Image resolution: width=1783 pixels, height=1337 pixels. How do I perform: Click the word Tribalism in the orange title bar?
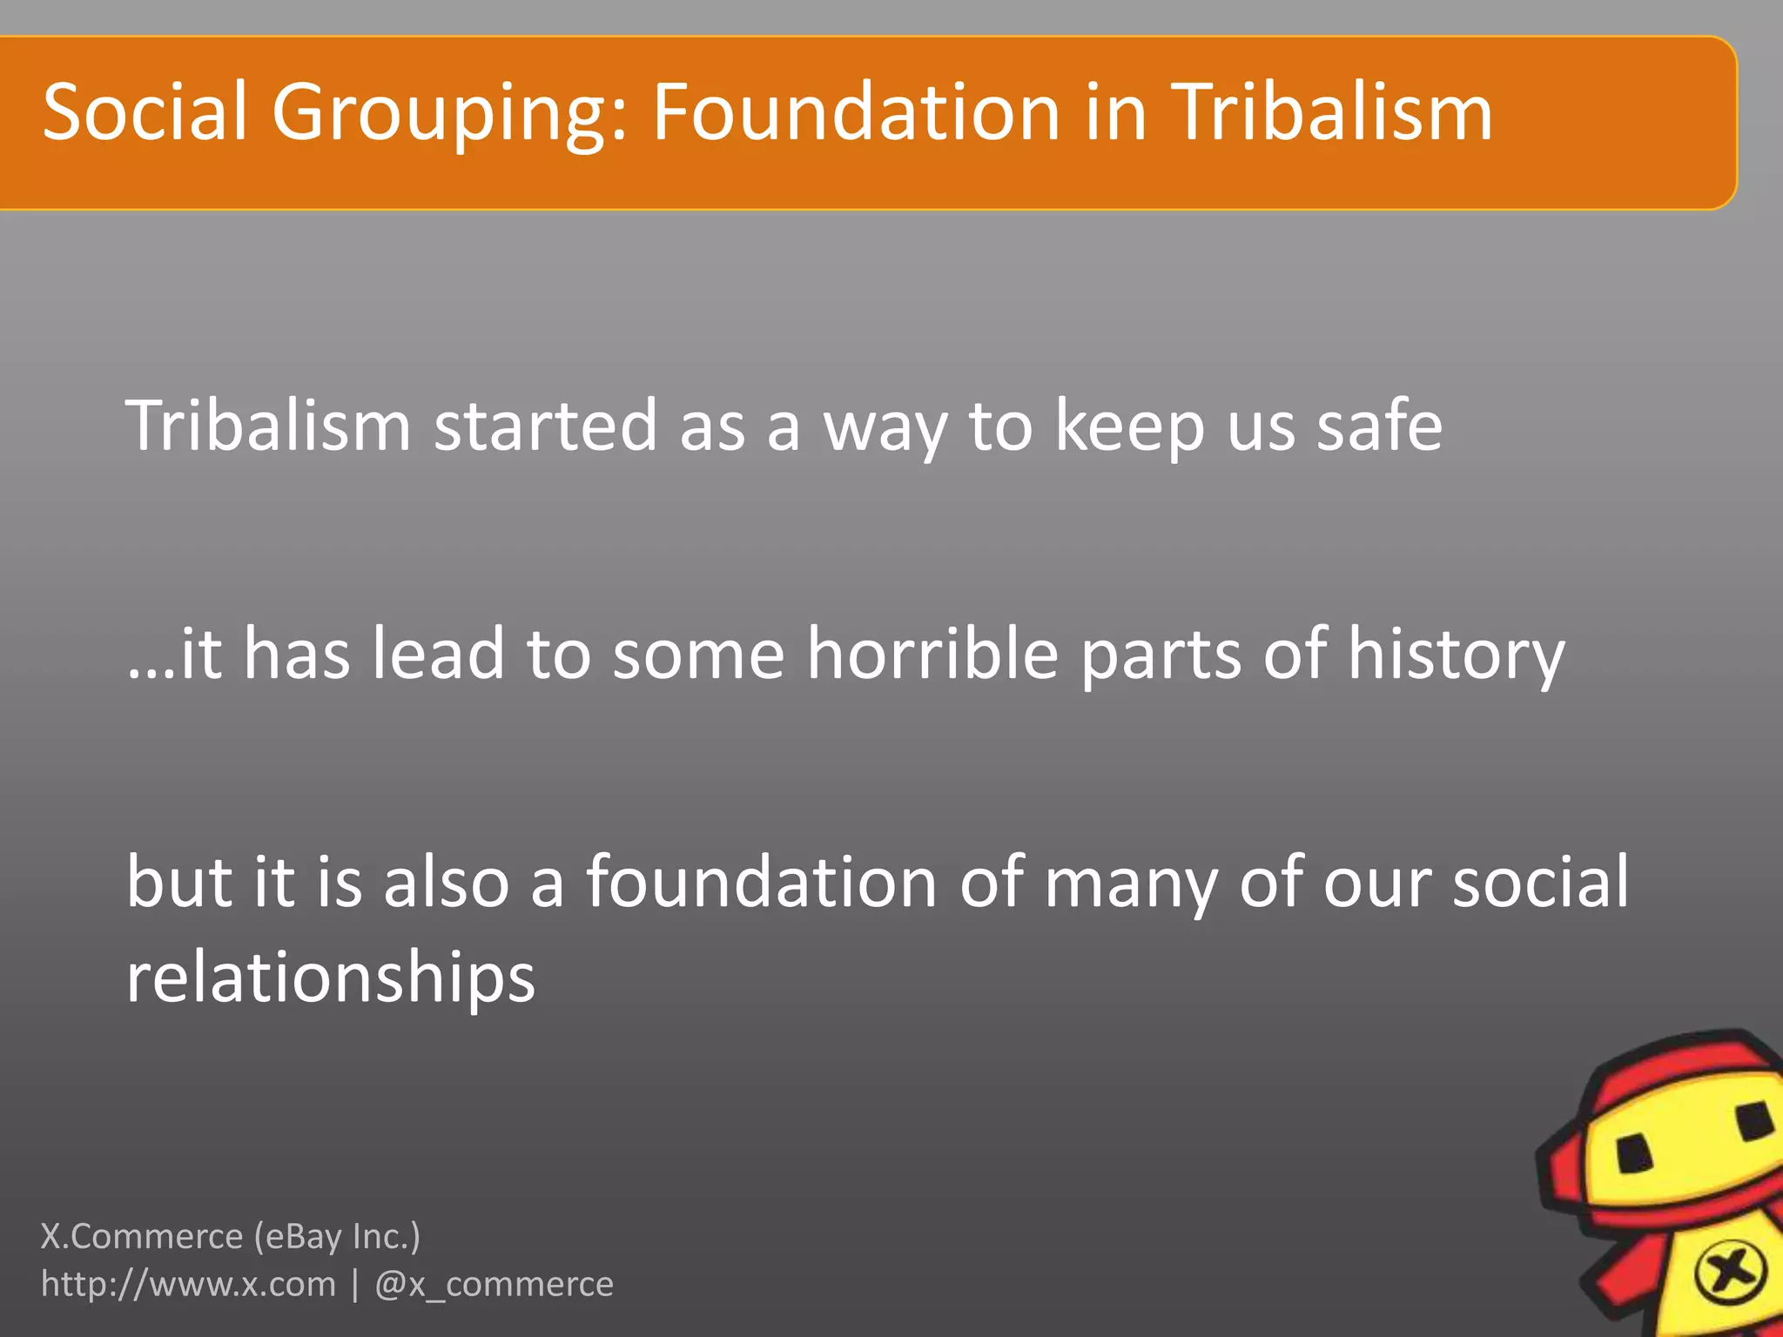point(1331,112)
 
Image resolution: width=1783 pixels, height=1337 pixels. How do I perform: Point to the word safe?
point(1379,426)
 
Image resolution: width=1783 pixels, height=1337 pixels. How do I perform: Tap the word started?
point(545,426)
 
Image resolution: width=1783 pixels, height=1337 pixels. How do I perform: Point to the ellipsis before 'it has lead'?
point(151,675)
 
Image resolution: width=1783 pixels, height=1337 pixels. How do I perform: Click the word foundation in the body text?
point(762,882)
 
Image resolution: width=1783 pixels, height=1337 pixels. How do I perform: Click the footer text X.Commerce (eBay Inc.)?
point(231,1236)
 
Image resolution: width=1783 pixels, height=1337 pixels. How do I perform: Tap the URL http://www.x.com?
point(188,1284)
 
